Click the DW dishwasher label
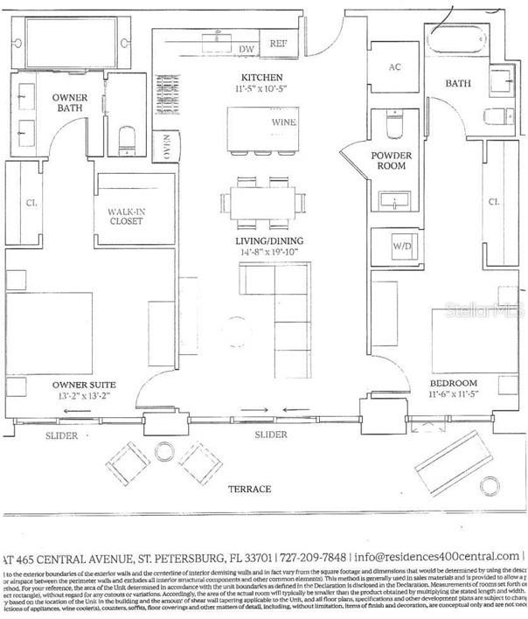[247, 49]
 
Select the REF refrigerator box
[279, 43]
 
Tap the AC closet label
[393, 67]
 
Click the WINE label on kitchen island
[283, 122]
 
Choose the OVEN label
[163, 146]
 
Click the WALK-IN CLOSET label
[126, 216]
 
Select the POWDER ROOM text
[391, 160]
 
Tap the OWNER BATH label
[69, 102]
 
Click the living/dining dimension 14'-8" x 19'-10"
[269, 253]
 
